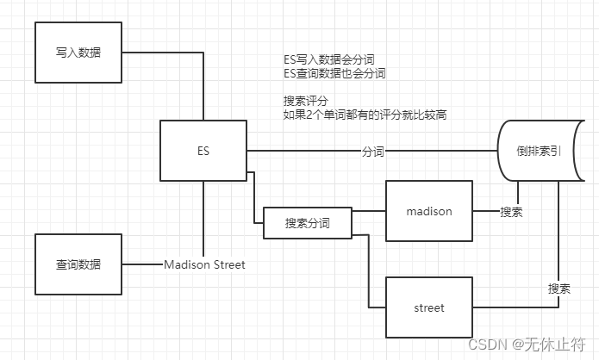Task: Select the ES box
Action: coord(203,152)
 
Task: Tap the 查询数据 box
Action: coord(77,264)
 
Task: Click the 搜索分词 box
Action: coord(307,223)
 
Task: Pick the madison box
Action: coord(428,211)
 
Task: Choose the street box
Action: coord(428,307)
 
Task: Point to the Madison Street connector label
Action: coord(204,264)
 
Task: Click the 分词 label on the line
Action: coord(373,152)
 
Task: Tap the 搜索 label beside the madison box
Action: coord(511,212)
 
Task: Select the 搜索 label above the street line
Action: coord(558,289)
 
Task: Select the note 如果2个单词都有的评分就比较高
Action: coord(365,115)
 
